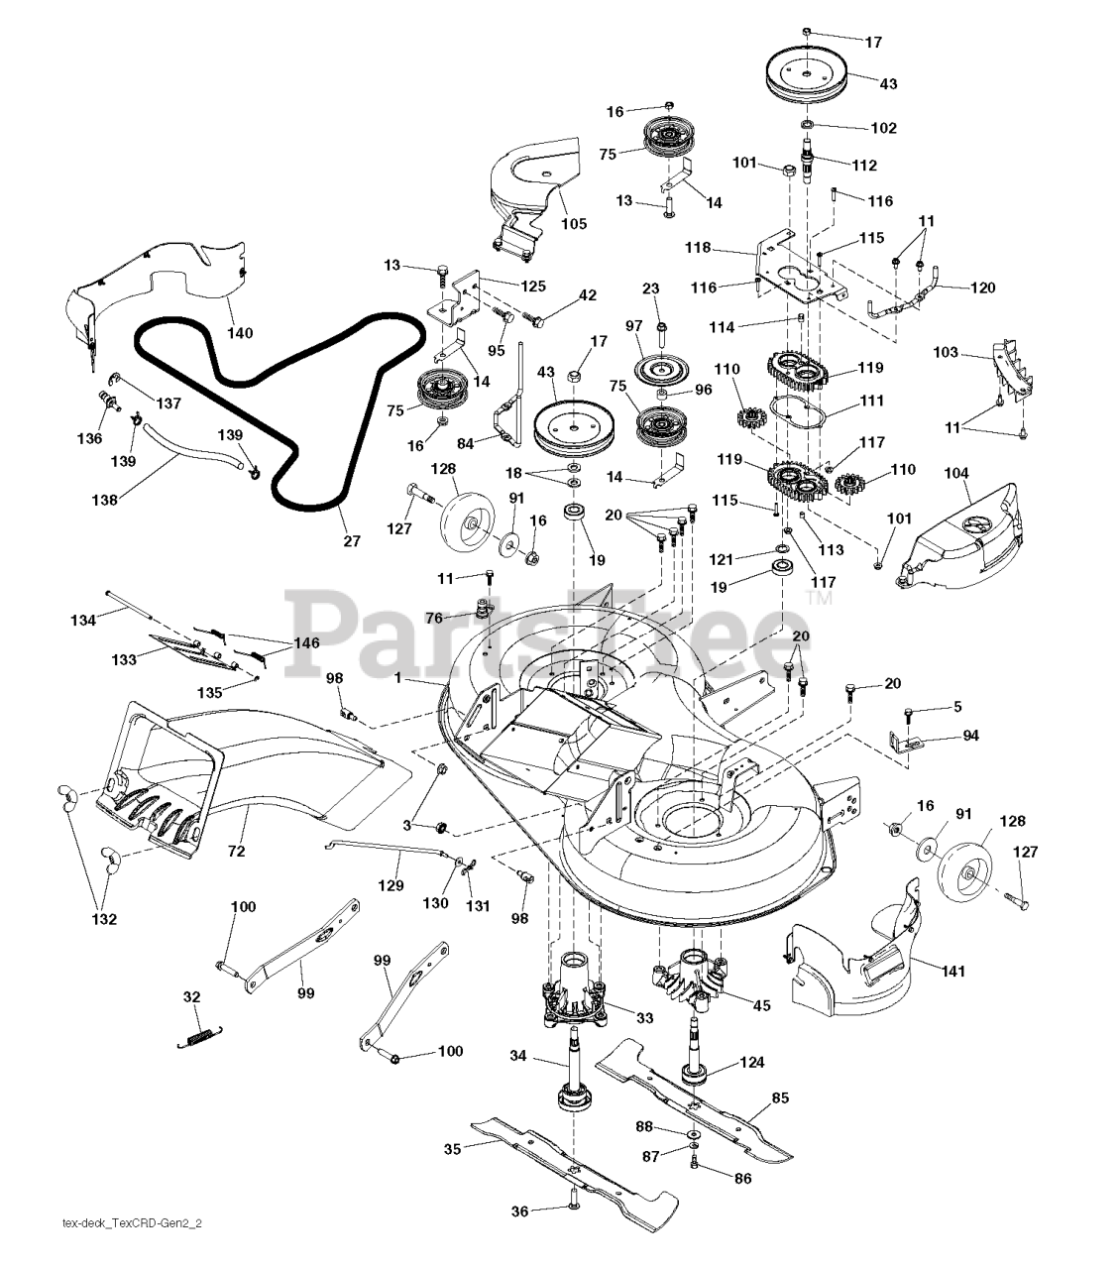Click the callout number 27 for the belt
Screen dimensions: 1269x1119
point(352,541)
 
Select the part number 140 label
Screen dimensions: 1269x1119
point(239,333)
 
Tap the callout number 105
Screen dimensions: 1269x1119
point(573,224)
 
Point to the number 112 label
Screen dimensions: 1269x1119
point(864,165)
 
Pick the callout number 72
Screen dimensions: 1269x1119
point(236,851)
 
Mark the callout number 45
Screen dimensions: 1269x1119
point(762,1005)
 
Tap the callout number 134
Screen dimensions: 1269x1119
point(83,621)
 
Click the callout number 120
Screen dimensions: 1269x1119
point(982,288)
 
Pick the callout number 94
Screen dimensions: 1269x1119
point(971,736)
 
